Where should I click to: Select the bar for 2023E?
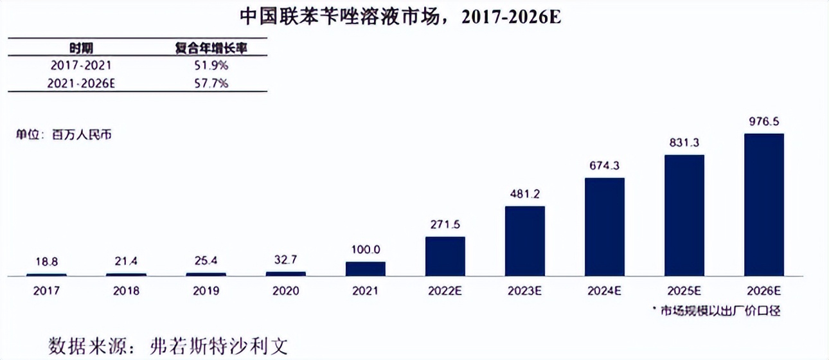point(524,241)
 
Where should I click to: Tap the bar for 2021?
point(365,269)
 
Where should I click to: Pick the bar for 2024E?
point(604,227)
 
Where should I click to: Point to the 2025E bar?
point(684,215)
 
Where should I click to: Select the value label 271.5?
point(445,225)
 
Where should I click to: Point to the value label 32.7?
point(285,261)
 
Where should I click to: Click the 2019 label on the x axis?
point(206,291)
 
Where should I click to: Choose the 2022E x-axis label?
point(445,291)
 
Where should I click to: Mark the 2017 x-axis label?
point(46,291)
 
